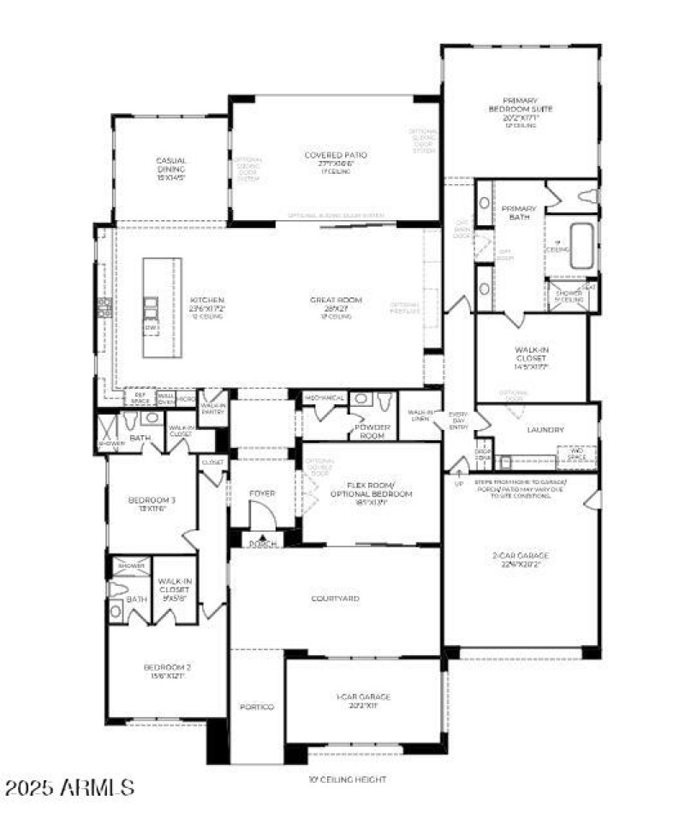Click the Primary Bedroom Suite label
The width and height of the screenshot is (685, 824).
520,110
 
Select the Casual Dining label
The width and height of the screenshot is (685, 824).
170,164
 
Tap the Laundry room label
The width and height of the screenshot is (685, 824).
545,430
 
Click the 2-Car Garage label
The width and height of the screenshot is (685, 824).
520,559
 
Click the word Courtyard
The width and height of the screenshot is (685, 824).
335,598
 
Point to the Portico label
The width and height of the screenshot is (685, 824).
256,707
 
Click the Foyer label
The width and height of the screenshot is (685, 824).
261,493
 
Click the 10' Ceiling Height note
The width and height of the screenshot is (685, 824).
347,779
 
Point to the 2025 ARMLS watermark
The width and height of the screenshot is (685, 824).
68,787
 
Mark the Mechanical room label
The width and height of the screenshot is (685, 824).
325,398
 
